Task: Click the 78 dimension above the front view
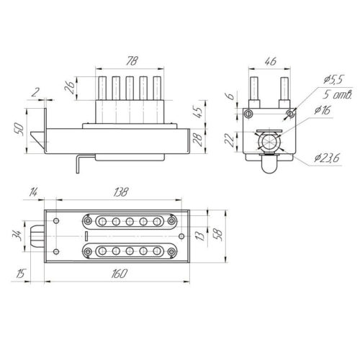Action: pos(132,61)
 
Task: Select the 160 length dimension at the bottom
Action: pos(120,274)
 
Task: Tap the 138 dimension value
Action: pos(122,192)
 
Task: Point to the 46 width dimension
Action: pos(270,61)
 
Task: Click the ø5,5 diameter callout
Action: pos(334,80)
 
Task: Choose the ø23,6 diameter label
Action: pos(327,158)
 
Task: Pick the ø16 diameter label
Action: pos(323,110)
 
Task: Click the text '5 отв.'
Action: pos(337,95)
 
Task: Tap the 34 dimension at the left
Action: pos(17,235)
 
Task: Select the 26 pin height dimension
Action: pos(69,87)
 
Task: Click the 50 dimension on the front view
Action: pos(19,130)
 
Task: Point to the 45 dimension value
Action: pos(199,111)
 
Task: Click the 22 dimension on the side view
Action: pos(230,140)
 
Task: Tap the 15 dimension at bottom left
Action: pos(20,274)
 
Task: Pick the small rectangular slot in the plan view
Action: pos(86,236)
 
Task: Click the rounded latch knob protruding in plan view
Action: pos(37,236)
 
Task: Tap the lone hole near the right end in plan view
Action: pos(181,236)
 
